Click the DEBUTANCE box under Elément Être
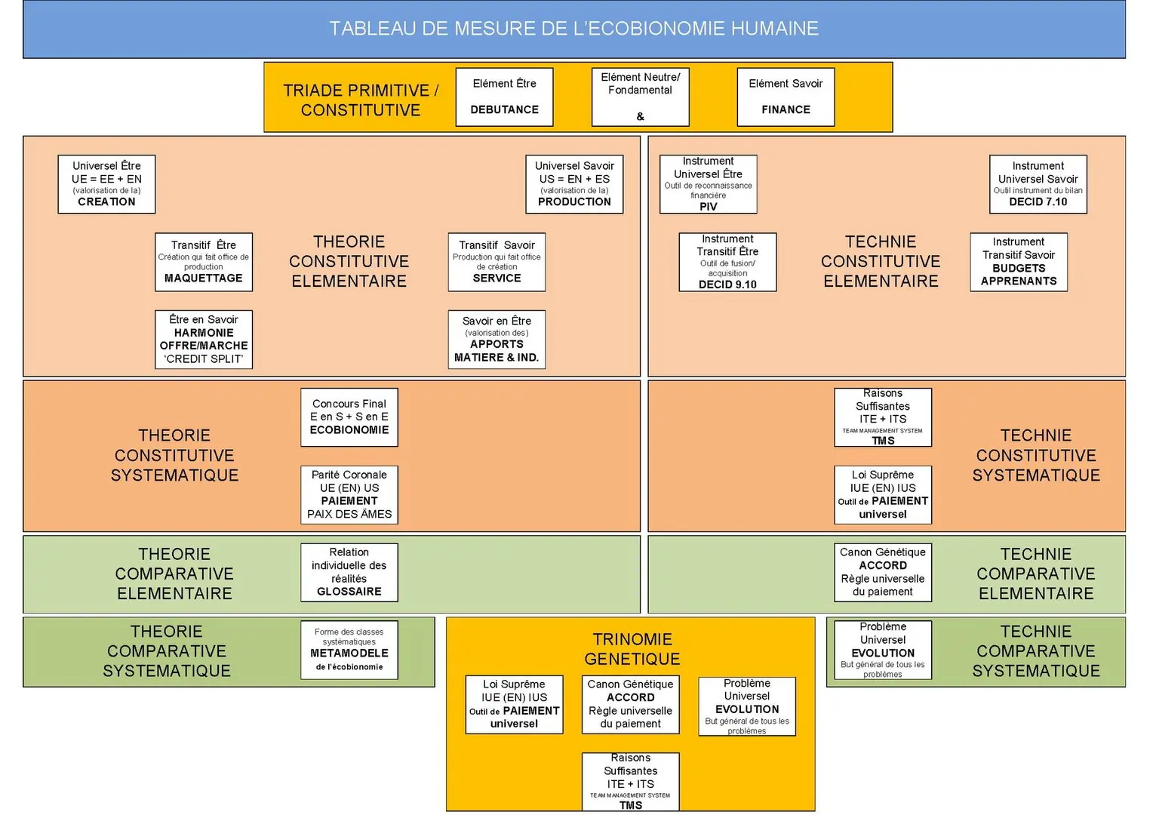(x=504, y=97)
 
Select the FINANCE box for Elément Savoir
(x=786, y=97)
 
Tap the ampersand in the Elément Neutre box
(x=640, y=116)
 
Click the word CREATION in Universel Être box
(x=106, y=201)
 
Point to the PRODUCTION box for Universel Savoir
(x=574, y=185)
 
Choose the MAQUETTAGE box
(x=204, y=262)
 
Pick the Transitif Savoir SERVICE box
(x=497, y=262)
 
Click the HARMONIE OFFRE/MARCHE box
(x=204, y=340)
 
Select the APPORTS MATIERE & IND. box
(x=497, y=340)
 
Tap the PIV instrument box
(x=708, y=185)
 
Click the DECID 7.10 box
(x=1038, y=185)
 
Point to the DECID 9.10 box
(x=727, y=262)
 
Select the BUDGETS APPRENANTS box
(x=1018, y=262)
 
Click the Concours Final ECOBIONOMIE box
(x=349, y=417)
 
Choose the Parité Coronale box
(x=349, y=494)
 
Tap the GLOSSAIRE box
(x=349, y=573)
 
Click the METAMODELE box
(x=349, y=650)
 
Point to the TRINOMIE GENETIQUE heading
(x=632, y=649)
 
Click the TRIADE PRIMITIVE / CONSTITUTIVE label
(x=361, y=100)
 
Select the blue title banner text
(x=573, y=29)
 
